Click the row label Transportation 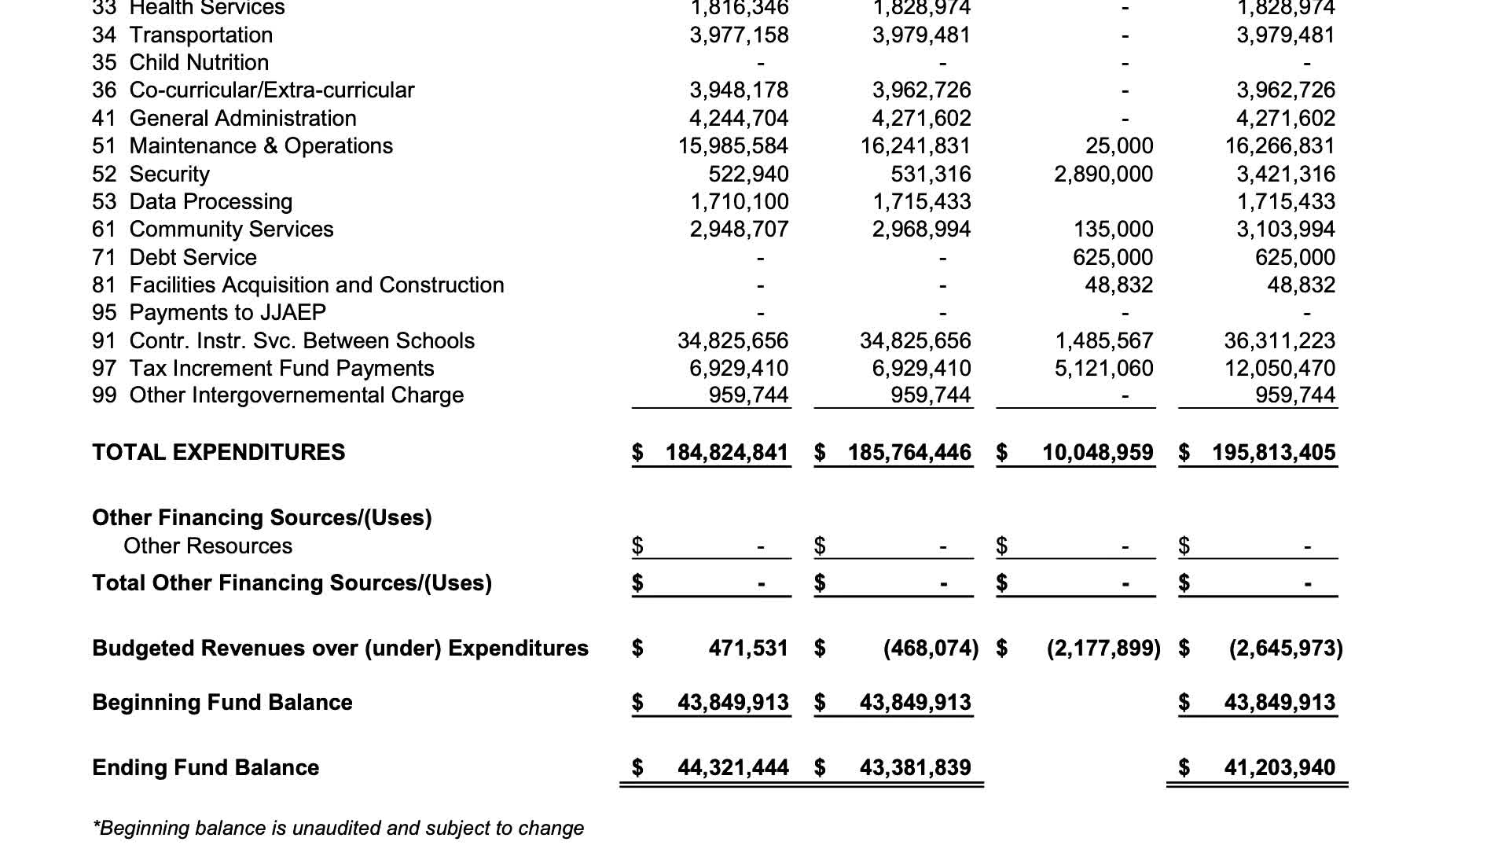(200, 35)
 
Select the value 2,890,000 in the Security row (1103, 174)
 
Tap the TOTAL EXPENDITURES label (218, 453)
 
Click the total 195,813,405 (1273, 453)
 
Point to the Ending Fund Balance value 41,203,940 (1280, 767)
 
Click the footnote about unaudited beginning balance (338, 828)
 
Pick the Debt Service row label (193, 257)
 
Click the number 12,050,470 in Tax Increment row (1280, 368)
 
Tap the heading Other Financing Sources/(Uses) (262, 517)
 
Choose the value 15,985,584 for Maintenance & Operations (733, 146)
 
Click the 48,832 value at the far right (1301, 285)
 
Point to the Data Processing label (211, 202)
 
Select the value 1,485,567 (1103, 340)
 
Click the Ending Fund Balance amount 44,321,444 (733, 767)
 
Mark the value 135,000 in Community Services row (1113, 230)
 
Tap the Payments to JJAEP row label (227, 313)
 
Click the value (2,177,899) (1103, 649)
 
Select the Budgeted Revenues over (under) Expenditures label (340, 649)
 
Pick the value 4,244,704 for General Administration (739, 119)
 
